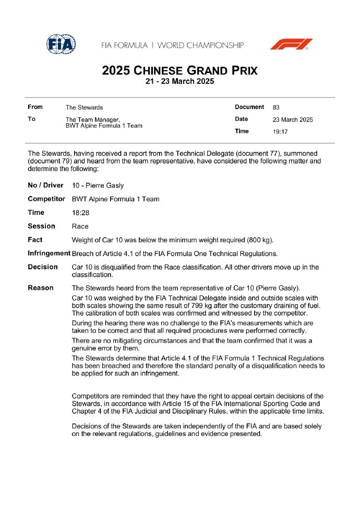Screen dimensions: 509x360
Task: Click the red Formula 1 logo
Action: coord(291,44)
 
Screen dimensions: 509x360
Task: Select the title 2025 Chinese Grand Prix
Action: coord(179,70)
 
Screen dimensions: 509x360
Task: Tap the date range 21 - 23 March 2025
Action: coord(179,82)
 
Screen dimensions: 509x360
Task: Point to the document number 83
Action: coord(276,107)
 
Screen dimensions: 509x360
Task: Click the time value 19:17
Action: coord(280,131)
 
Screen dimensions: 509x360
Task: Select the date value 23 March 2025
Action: coord(293,119)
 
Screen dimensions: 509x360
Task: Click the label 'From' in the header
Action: coord(35,107)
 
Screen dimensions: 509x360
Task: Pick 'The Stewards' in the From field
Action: coord(84,107)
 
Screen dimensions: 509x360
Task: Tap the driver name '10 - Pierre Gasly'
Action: coord(98,186)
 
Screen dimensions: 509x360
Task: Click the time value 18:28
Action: coord(80,213)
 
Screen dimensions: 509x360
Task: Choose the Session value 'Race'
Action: coord(80,226)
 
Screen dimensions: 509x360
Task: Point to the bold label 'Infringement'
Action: coord(49,253)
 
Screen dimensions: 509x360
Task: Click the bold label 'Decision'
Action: coord(43,267)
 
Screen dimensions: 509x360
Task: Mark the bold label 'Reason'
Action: coord(41,288)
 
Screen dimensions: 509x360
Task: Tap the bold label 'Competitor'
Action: coord(46,199)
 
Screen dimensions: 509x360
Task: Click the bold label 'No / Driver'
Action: coord(45,185)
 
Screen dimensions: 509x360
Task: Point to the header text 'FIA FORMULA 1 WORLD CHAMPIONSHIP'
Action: coord(173,45)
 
